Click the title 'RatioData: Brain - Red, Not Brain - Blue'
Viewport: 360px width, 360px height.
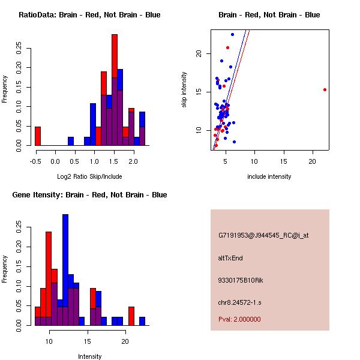tap(89, 14)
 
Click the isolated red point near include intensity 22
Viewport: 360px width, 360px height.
tap(325, 89)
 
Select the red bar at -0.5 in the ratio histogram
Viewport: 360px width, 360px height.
tap(38, 136)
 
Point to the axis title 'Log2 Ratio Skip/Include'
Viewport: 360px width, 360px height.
tap(89, 176)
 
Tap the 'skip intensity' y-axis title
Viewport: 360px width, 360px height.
tap(185, 90)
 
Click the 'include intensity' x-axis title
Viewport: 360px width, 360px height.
tap(269, 176)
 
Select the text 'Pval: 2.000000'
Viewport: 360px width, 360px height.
tap(239, 319)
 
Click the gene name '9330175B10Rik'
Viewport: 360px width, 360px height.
tap(240, 280)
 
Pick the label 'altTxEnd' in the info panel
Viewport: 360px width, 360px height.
tap(231, 258)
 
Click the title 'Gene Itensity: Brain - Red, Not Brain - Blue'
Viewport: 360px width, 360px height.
tap(89, 195)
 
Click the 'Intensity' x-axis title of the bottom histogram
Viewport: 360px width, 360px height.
tap(89, 356)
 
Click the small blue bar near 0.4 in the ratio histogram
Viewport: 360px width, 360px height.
tap(71, 142)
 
